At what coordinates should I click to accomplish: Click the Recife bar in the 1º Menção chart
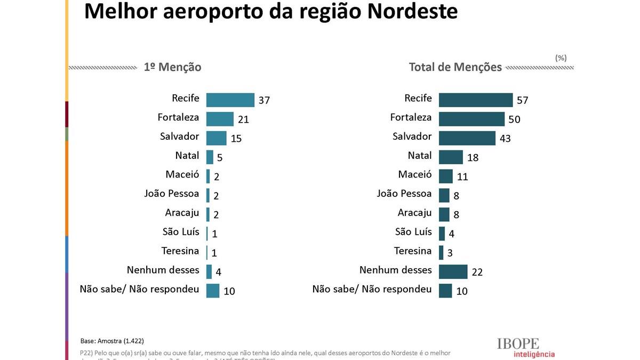pos(230,100)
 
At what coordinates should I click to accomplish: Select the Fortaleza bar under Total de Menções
pos(471,119)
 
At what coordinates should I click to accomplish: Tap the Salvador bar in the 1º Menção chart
pos(216,138)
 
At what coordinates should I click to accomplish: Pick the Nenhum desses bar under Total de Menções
pos(453,271)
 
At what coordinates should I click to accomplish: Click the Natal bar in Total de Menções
pos(451,157)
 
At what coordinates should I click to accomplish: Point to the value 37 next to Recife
pos(264,100)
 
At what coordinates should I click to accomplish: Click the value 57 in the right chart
pos(522,100)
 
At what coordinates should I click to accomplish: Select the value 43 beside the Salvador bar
pos(505,139)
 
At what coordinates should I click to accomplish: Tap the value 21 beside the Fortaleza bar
pos(243,119)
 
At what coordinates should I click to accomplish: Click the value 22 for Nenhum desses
pos(477,272)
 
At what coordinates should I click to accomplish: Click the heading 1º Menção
pos(172,67)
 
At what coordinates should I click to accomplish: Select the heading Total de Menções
pos(455,67)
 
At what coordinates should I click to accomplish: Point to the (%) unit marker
pos(561,58)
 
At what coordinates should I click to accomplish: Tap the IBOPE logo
pos(518,344)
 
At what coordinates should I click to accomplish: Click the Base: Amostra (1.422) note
pos(112,341)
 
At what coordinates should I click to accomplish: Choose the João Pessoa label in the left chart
pos(171,194)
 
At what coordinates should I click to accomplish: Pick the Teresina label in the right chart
pos(412,251)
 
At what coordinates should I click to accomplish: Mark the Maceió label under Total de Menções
pos(414,174)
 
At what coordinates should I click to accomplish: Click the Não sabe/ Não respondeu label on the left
pos(139,289)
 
